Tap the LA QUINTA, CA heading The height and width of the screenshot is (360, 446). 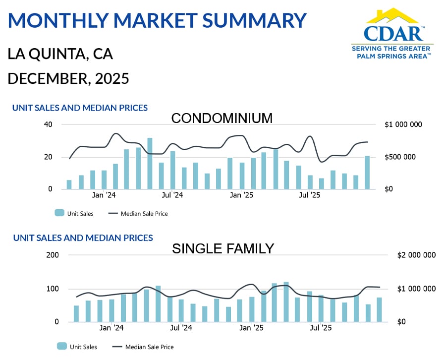pos(60,54)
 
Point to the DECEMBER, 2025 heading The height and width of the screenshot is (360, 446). pos(68,78)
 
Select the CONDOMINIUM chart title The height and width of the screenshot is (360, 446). pos(222,119)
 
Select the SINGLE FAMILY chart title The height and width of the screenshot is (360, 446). pos(223,248)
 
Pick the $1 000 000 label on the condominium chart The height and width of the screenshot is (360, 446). pos(403,124)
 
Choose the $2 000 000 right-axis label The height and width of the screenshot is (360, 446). pos(416,255)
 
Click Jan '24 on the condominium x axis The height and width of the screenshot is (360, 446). pos(105,195)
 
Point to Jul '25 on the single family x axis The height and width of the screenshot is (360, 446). pos(321,328)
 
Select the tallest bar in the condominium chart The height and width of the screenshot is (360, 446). pos(150,164)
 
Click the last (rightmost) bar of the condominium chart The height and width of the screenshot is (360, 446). pos(367,173)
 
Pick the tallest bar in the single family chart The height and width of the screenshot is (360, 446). pos(286,302)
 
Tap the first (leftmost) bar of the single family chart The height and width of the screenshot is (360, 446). pos(76,313)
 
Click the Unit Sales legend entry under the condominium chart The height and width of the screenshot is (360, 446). pos(74,214)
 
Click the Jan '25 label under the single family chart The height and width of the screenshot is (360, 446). pos(252,328)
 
